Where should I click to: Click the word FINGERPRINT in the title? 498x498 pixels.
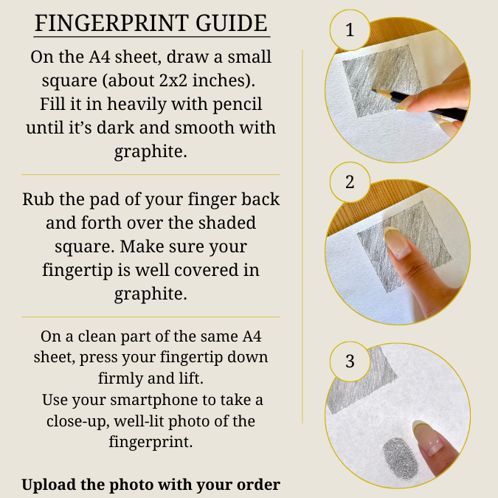point(111,23)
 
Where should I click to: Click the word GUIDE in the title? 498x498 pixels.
point(231,23)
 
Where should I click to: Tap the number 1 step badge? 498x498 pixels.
point(350,30)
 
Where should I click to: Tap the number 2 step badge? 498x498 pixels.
point(350,182)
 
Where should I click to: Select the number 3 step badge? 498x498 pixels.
point(350,362)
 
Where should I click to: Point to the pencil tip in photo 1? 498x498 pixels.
point(373,90)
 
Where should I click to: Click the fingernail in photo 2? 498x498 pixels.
point(396,242)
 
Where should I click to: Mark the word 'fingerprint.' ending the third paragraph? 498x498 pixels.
point(151,442)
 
